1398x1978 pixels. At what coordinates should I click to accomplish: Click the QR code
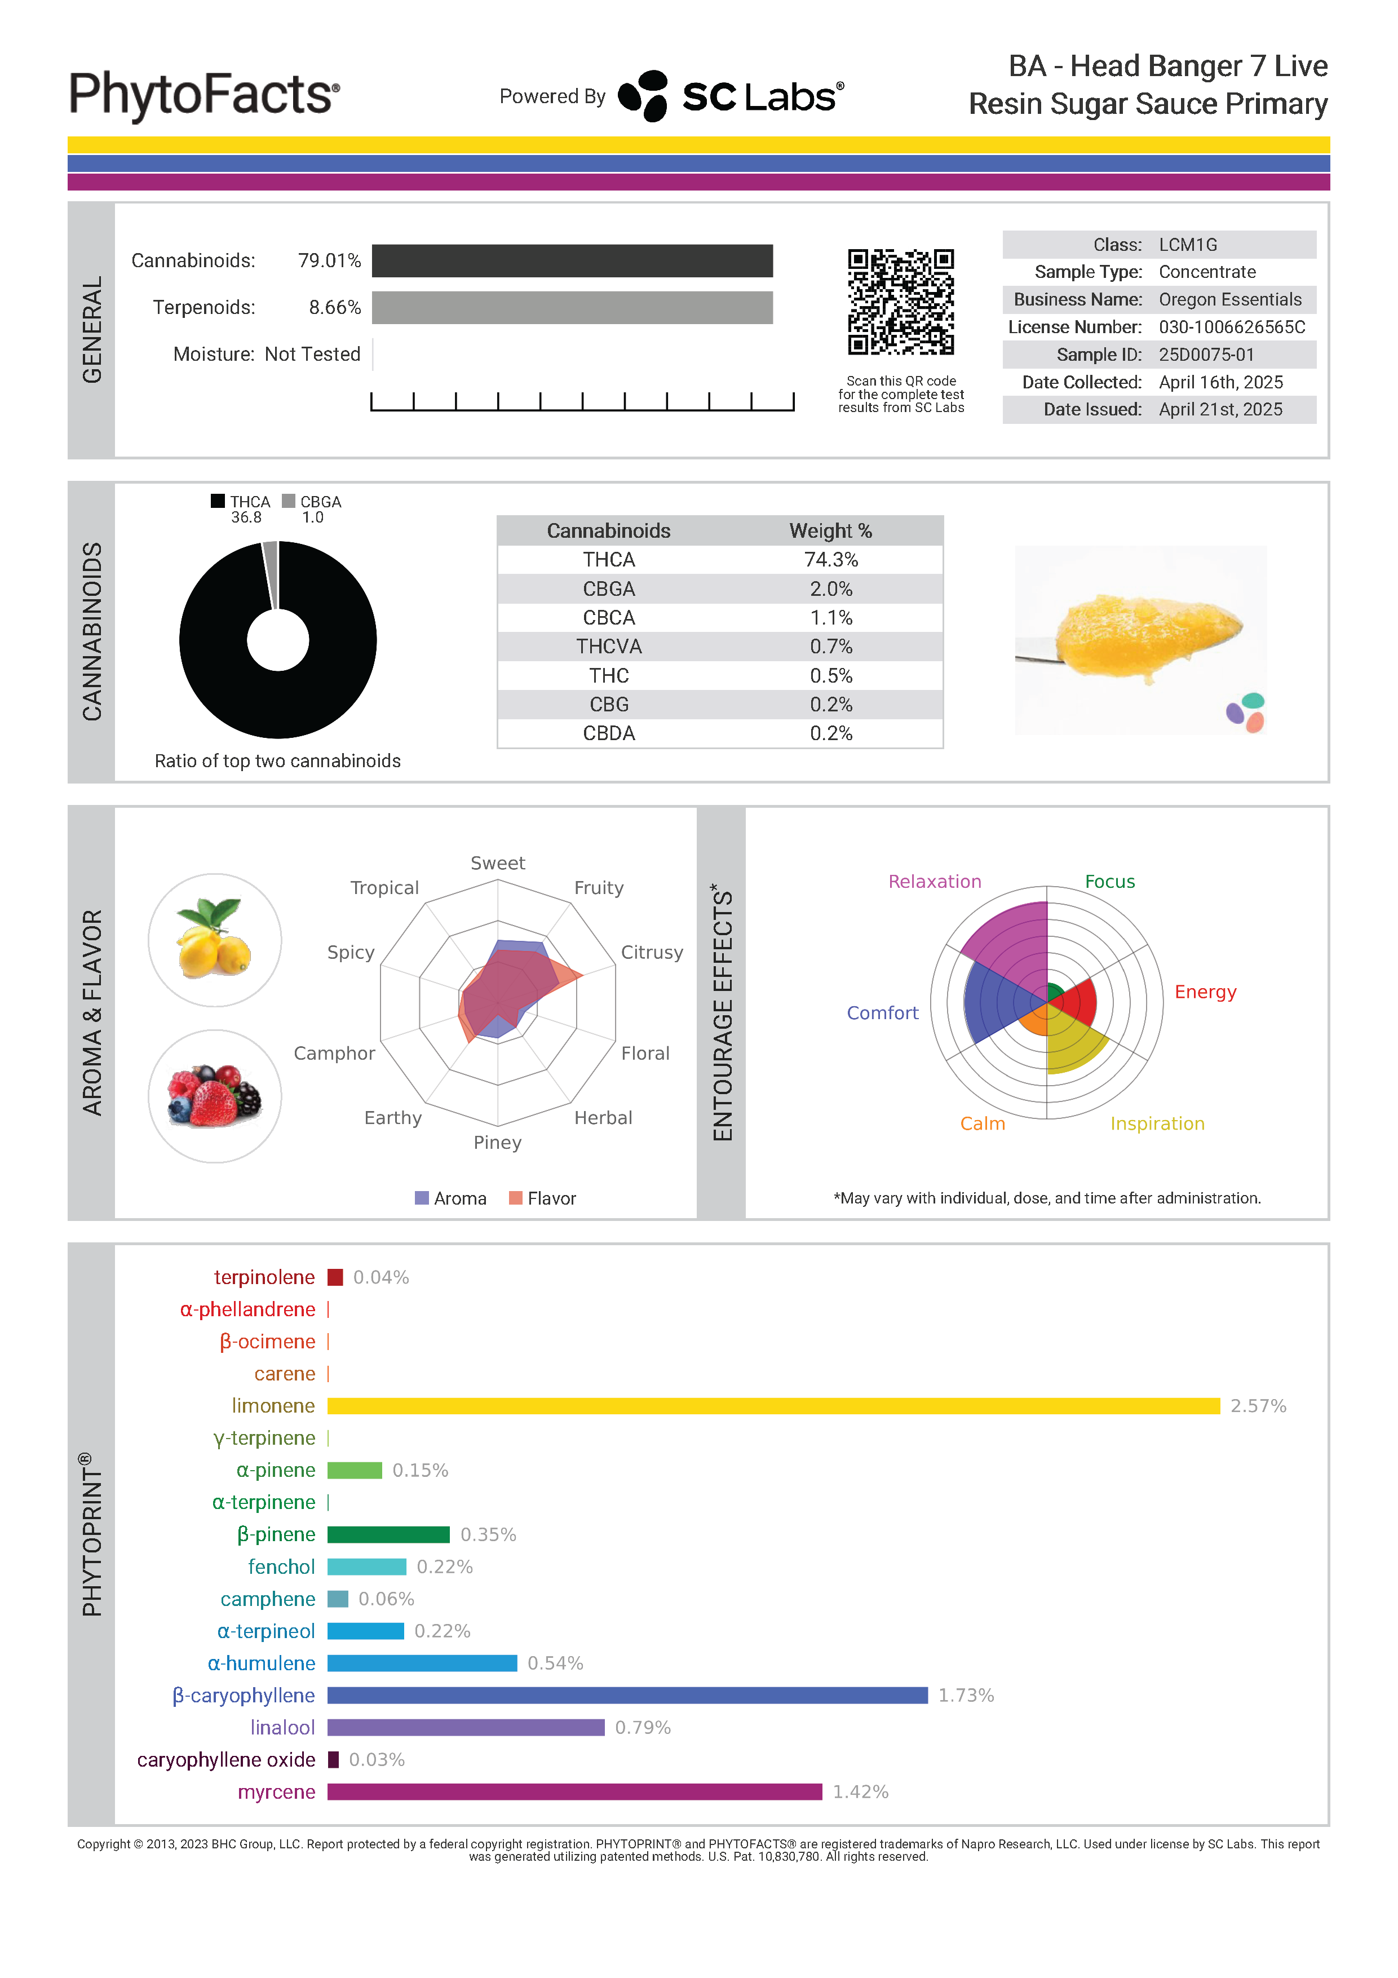click(x=900, y=302)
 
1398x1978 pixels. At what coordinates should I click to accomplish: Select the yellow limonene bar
click(x=773, y=1406)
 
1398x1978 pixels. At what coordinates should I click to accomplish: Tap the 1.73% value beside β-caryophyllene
click(x=966, y=1696)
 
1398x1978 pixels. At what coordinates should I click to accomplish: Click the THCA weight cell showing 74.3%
click(x=830, y=560)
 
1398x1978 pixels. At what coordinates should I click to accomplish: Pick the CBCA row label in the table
click(x=608, y=618)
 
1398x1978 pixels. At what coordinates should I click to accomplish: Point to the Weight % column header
click(x=830, y=530)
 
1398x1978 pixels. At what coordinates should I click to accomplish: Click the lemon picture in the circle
click(x=214, y=940)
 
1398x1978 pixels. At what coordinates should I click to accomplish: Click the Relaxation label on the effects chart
click(x=935, y=881)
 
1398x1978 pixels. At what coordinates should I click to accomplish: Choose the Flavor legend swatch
click(x=516, y=1198)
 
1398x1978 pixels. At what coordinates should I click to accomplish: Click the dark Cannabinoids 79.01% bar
click(x=572, y=261)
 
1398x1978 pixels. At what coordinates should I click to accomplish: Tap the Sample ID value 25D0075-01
click(x=1206, y=355)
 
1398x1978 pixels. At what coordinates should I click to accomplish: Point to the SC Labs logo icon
click(x=643, y=96)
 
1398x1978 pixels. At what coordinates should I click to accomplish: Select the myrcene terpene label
click(x=276, y=1792)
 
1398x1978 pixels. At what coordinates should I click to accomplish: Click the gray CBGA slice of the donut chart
click(x=271, y=574)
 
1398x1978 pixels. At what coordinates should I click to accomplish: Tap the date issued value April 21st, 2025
click(x=1220, y=410)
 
